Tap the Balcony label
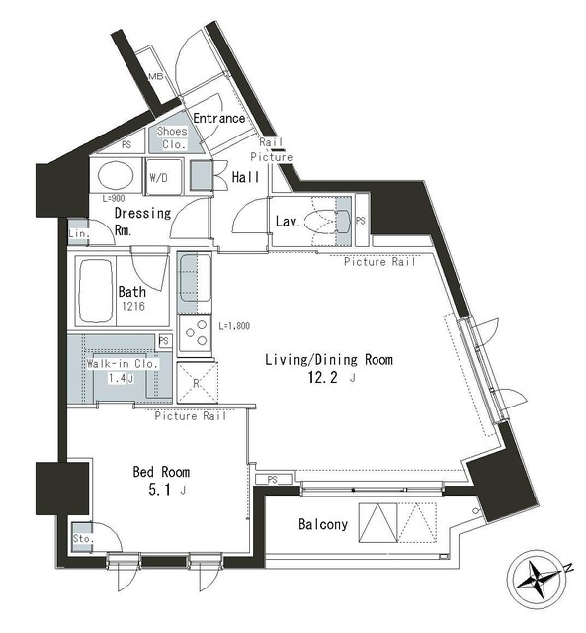323,524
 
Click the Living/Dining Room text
328,360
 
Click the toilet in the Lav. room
322,222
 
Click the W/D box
158,178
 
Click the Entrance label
218,118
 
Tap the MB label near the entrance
155,77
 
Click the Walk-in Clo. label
120,365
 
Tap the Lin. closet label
78,233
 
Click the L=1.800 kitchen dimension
235,325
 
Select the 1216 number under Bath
133,308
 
